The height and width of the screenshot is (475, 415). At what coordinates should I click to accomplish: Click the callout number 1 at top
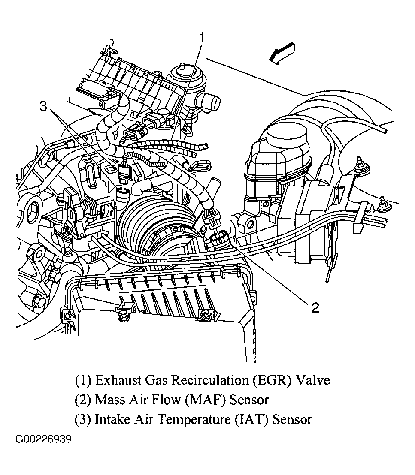[202, 38]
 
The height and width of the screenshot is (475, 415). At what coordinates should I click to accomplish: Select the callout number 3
[44, 106]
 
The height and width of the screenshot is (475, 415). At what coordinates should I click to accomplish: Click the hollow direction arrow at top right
[281, 54]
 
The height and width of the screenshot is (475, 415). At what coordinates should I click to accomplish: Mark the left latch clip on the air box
[123, 314]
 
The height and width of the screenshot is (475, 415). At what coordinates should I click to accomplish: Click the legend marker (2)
[83, 400]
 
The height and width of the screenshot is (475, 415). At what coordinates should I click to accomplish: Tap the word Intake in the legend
[111, 419]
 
